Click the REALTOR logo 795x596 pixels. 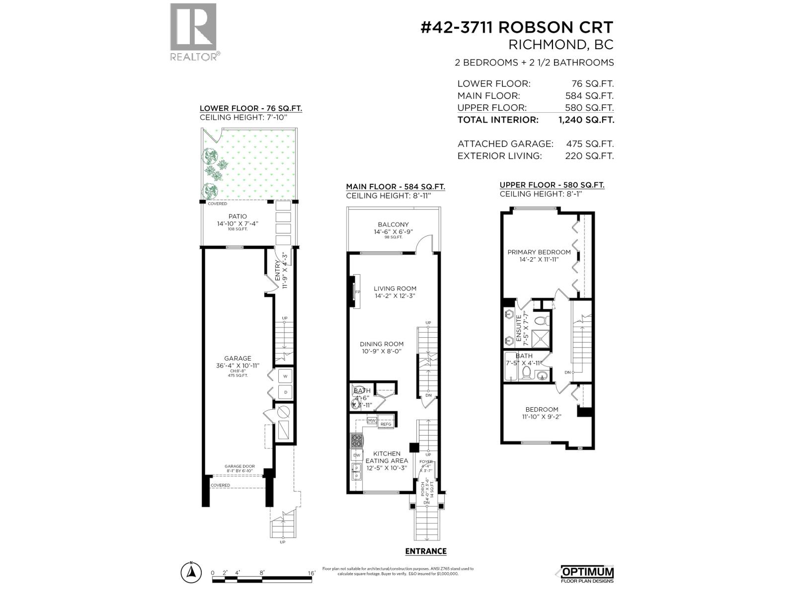click(193, 32)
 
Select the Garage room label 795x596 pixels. click(238, 359)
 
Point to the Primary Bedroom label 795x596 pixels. click(539, 252)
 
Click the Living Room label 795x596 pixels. click(395, 289)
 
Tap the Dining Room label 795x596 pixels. click(382, 344)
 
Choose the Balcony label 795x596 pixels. click(393, 224)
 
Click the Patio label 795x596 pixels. click(238, 217)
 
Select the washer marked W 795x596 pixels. click(285, 376)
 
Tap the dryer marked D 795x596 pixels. click(285, 392)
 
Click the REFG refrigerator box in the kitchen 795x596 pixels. click(386, 424)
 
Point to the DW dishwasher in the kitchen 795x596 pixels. click(356, 455)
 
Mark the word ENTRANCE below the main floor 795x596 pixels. click(426, 551)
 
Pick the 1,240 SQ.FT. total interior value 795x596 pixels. click(586, 120)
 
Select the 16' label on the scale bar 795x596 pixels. click(312, 573)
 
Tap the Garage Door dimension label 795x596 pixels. click(239, 468)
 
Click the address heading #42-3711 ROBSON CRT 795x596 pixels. click(517, 27)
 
